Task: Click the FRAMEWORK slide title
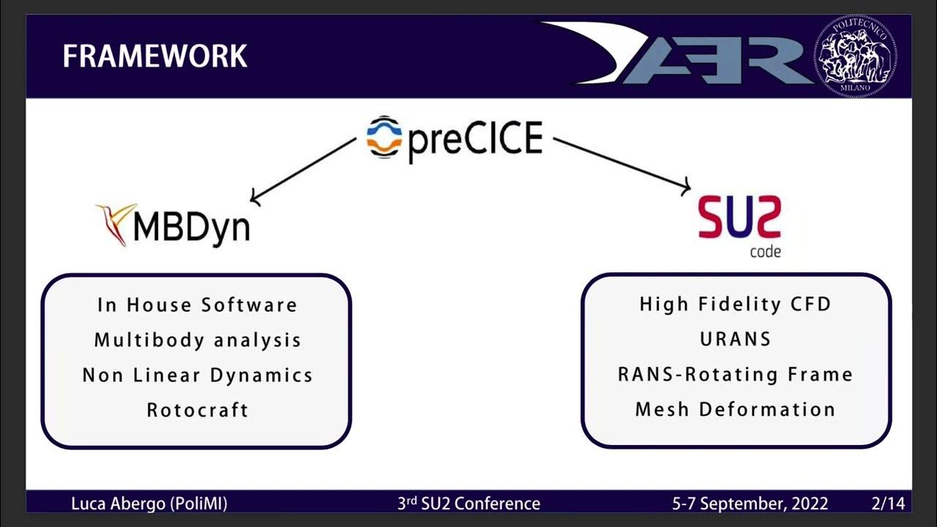click(x=154, y=56)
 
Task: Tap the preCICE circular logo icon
click(x=384, y=137)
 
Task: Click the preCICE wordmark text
click(x=474, y=139)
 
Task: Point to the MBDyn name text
click(x=192, y=227)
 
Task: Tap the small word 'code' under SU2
click(x=765, y=252)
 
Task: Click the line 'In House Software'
click(x=197, y=304)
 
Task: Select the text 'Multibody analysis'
click(x=197, y=340)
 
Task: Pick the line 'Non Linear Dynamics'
click(x=197, y=375)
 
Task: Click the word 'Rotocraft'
click(x=197, y=410)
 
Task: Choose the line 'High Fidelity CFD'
click(x=735, y=304)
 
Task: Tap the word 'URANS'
click(x=735, y=339)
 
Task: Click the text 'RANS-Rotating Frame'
click(x=735, y=374)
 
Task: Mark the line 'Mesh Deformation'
click(x=735, y=409)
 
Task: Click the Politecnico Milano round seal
click(x=855, y=56)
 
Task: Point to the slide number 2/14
click(x=888, y=504)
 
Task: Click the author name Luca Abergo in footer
click(x=149, y=504)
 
